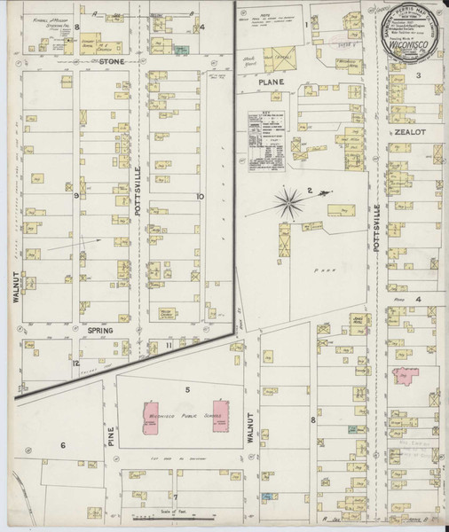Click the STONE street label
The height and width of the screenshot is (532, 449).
pyautogui.click(x=112, y=62)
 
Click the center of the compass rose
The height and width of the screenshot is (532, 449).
pyautogui.click(x=290, y=203)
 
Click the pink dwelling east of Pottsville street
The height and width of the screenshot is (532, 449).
pyautogui.click(x=410, y=378)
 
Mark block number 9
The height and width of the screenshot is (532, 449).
pyautogui.click(x=77, y=195)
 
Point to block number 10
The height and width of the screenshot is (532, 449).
pyautogui.click(x=201, y=196)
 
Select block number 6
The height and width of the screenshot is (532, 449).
pyautogui.click(x=63, y=445)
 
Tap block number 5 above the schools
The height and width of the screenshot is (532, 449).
pyautogui.click(x=186, y=389)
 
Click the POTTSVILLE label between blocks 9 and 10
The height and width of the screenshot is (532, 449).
pyautogui.click(x=138, y=175)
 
